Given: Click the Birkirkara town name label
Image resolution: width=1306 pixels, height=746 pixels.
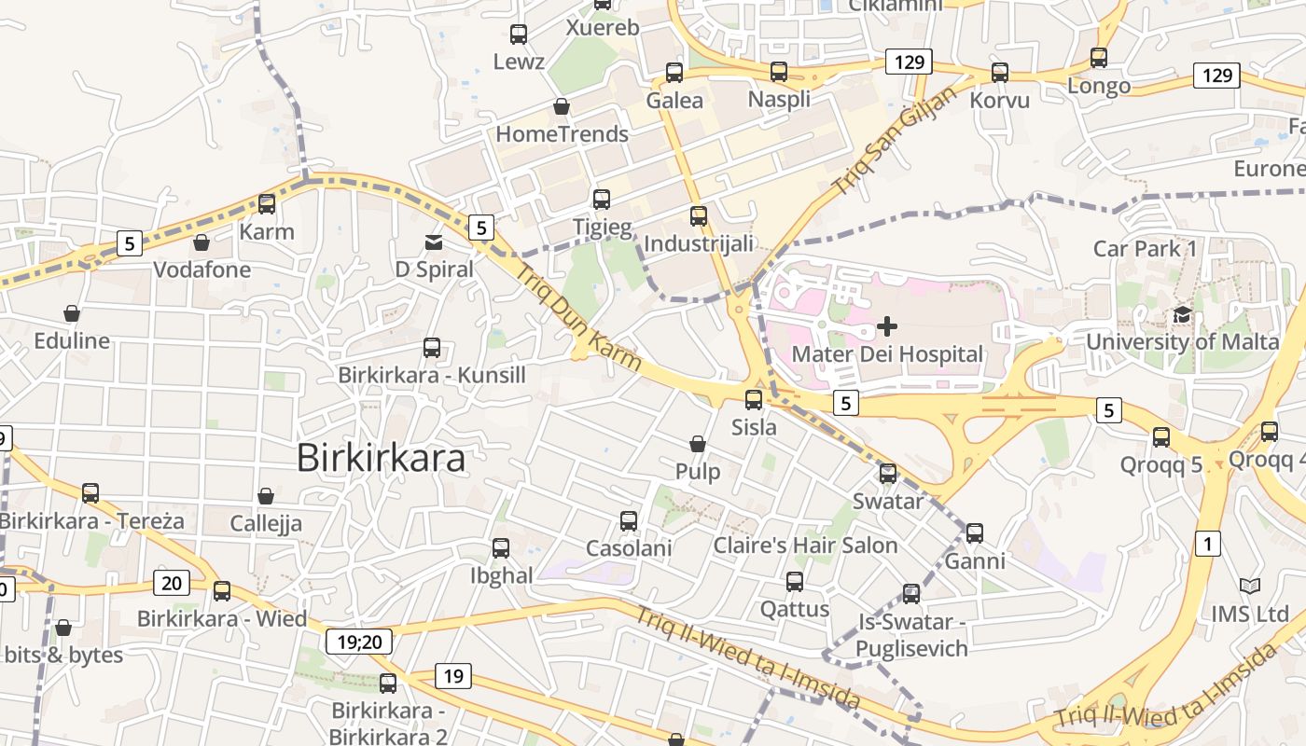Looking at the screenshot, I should (x=381, y=458).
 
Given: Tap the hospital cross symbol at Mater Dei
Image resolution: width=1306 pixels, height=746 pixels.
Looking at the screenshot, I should (x=887, y=326).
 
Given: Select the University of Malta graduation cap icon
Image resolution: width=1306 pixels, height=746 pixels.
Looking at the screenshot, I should (x=1183, y=314).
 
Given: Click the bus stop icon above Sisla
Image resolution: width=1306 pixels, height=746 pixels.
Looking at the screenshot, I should (x=754, y=400).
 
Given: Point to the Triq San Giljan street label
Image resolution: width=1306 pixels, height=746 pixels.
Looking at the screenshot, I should (x=895, y=141).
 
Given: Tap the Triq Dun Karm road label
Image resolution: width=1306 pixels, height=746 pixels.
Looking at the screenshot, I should (x=579, y=317).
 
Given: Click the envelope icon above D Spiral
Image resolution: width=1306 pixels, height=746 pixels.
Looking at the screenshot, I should (x=434, y=242).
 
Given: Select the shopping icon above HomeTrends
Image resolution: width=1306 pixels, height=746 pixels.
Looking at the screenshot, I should (x=562, y=106).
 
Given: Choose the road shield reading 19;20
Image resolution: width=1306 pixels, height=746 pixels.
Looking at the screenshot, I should (x=359, y=642).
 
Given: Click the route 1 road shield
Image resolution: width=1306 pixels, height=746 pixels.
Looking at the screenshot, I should (x=1207, y=544).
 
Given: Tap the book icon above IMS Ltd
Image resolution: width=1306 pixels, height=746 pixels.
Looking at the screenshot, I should (x=1250, y=587).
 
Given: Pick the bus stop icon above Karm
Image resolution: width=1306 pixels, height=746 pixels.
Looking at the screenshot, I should (x=267, y=204).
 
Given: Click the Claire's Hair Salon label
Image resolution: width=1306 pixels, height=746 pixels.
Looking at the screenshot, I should (x=805, y=546).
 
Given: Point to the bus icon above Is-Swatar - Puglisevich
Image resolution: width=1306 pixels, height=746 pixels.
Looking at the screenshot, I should (x=911, y=593).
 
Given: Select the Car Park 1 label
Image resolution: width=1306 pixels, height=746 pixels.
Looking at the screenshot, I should (x=1145, y=249).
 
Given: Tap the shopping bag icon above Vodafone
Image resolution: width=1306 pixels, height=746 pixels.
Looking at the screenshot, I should (x=201, y=242).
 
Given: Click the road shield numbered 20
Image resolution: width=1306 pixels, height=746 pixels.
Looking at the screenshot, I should (x=172, y=584).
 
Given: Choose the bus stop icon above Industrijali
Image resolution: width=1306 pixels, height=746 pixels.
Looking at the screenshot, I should (x=699, y=216).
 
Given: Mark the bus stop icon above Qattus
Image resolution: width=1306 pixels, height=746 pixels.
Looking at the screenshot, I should (x=795, y=582).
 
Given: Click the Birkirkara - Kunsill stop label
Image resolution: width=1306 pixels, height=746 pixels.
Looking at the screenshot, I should (x=432, y=376).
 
